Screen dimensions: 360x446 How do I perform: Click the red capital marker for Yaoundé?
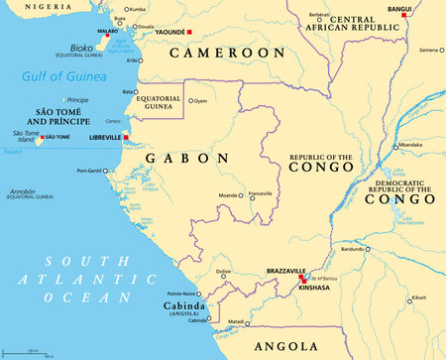point(188,33)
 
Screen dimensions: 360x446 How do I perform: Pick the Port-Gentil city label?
point(91,171)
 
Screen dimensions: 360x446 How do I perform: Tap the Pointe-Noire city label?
point(186,294)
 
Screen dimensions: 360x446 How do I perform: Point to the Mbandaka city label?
point(408,146)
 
